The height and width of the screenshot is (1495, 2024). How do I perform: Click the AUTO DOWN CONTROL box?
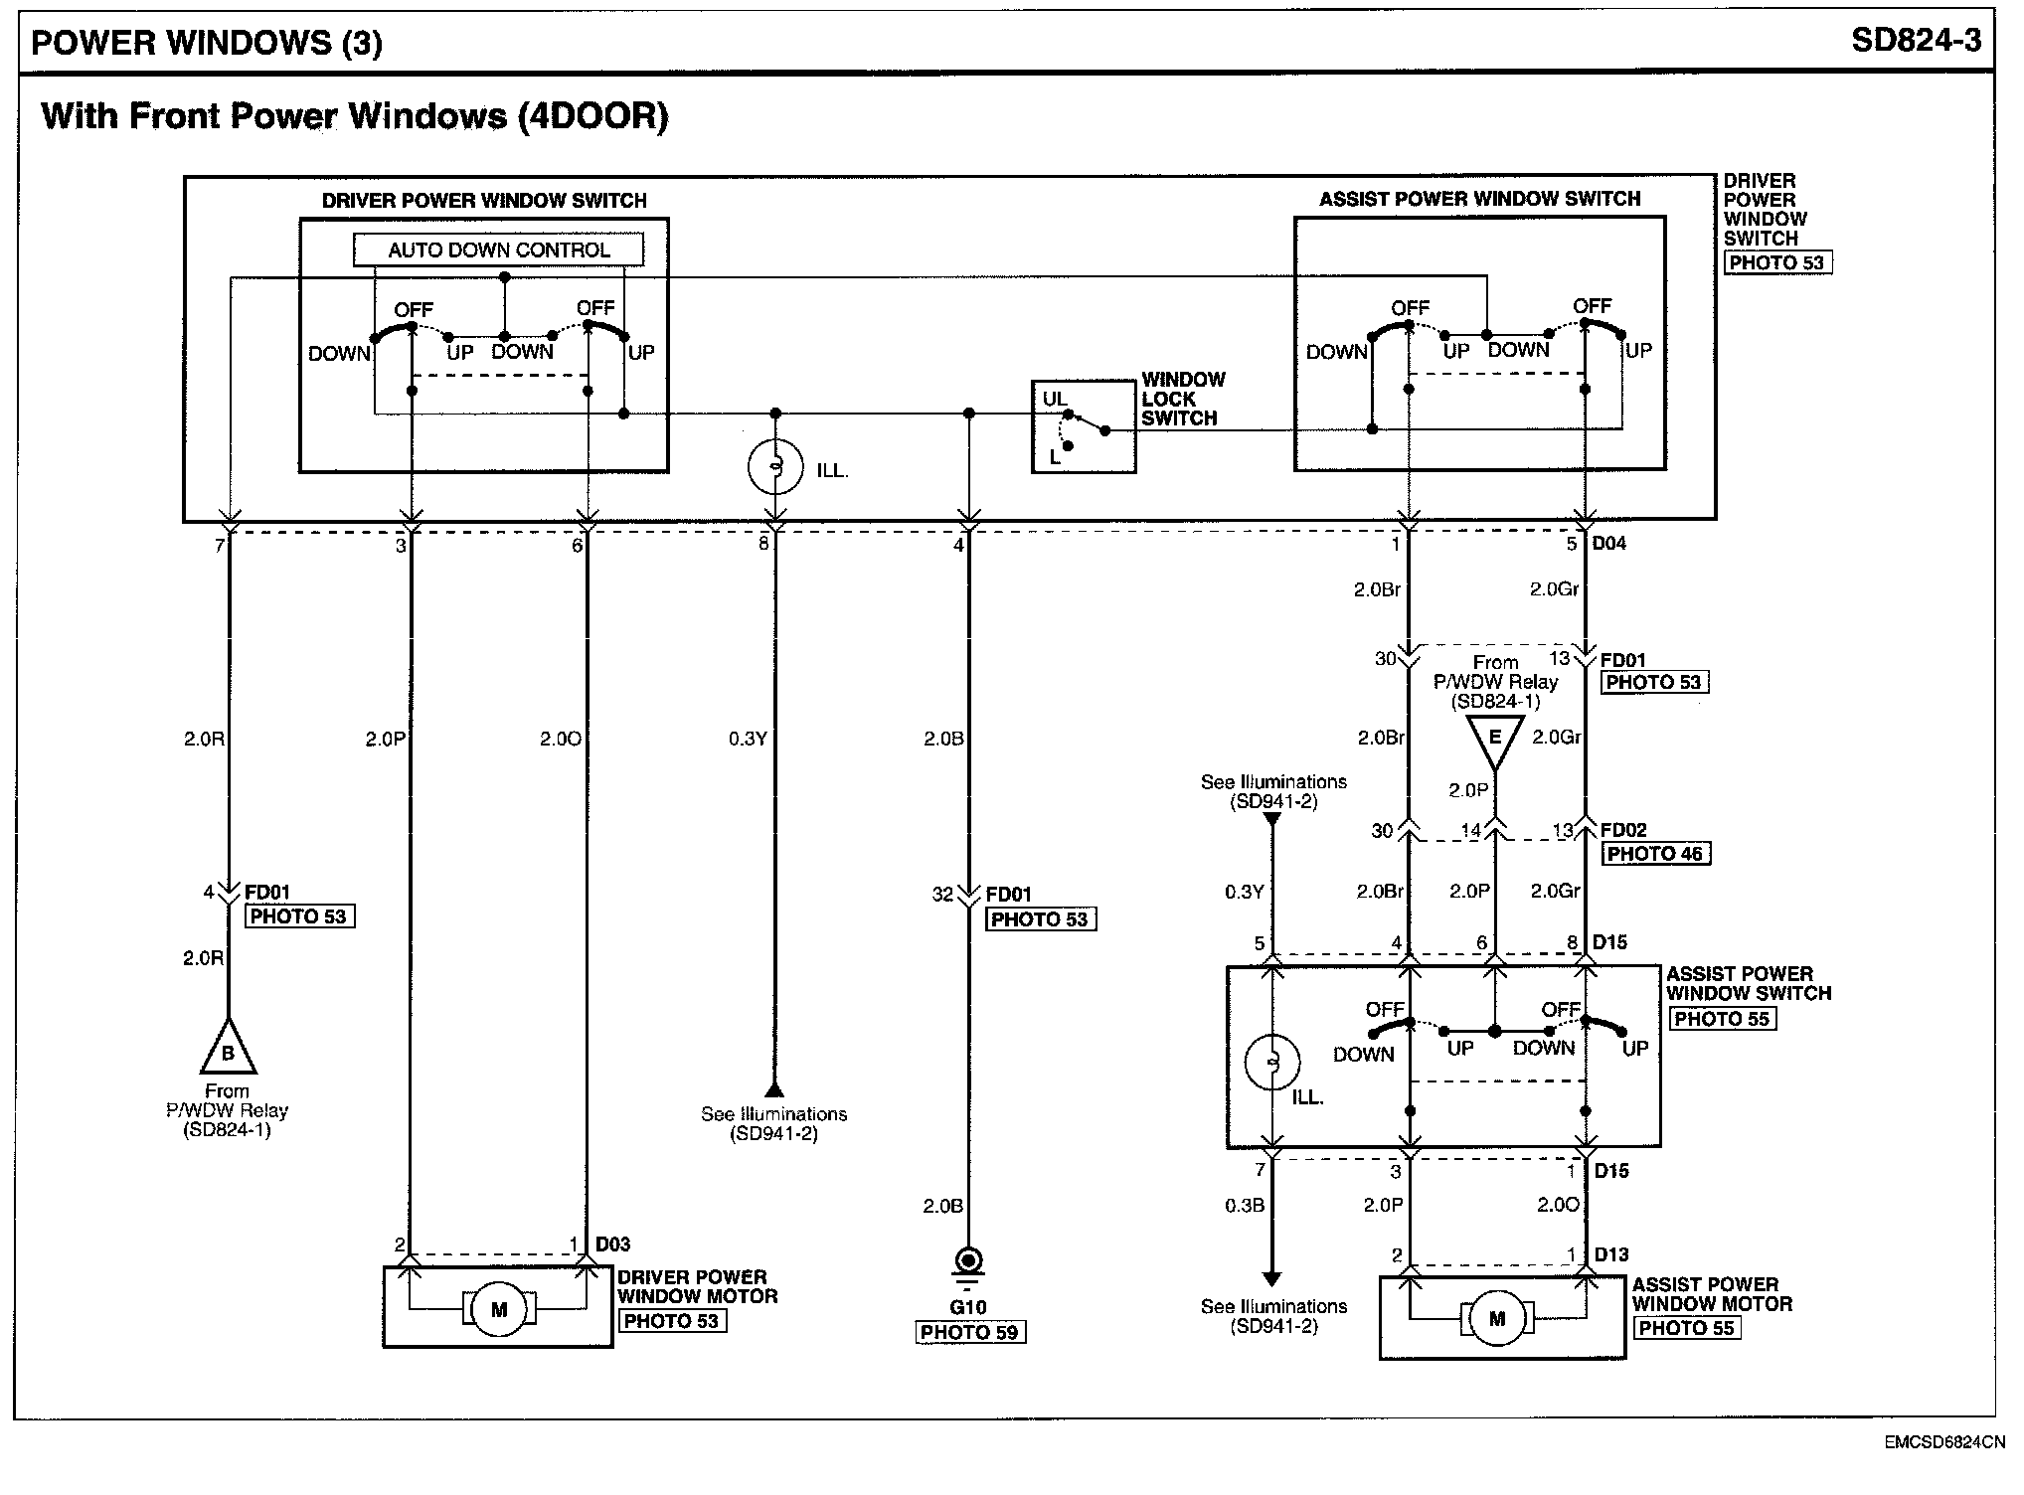pyautogui.click(x=498, y=249)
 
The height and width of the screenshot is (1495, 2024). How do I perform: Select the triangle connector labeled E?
pyautogui.click(x=1493, y=741)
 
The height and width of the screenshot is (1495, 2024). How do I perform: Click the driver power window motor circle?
pyautogui.click(x=498, y=1310)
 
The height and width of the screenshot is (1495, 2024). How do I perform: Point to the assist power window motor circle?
pyautogui.click(x=1497, y=1319)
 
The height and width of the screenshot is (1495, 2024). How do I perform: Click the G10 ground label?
pyautogui.click(x=968, y=1307)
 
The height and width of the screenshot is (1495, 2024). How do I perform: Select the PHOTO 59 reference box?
pyautogui.click(x=969, y=1332)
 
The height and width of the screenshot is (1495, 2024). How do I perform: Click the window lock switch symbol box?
pyautogui.click(x=1083, y=426)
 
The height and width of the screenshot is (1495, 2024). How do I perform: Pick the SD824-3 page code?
pyautogui.click(x=1916, y=40)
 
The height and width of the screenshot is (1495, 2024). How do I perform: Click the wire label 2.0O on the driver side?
pyautogui.click(x=561, y=739)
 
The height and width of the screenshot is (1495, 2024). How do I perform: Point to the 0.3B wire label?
pyautogui.click(x=1244, y=1206)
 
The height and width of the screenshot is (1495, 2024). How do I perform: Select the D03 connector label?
pyautogui.click(x=612, y=1244)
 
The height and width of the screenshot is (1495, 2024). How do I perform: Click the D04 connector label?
pyautogui.click(x=1608, y=544)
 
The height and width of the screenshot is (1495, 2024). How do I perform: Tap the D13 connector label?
pyautogui.click(x=1611, y=1254)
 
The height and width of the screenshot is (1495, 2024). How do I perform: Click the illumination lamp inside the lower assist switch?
pyautogui.click(x=1271, y=1062)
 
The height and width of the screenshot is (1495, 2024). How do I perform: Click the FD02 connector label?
pyautogui.click(x=1623, y=830)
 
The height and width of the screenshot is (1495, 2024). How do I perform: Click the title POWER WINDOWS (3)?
pyautogui.click(x=207, y=43)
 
